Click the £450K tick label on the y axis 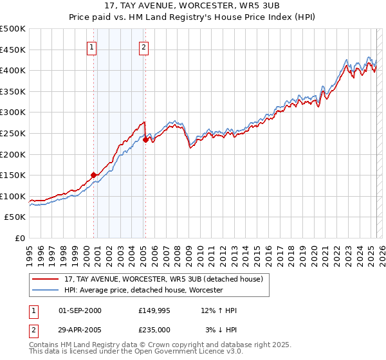coord(13,50)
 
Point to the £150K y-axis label coord(13,175)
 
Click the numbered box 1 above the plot coord(92,46)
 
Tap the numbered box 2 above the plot coord(143,46)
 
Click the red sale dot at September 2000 coord(93,174)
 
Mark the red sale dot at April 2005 coord(146,139)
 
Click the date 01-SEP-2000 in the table coord(80,310)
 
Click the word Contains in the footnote coord(44,345)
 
